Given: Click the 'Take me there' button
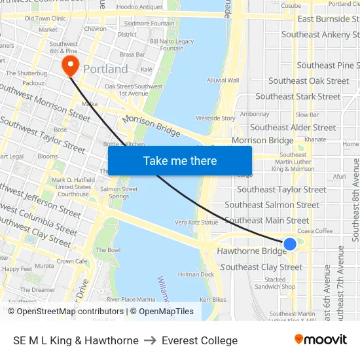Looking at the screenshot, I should [x=180, y=160].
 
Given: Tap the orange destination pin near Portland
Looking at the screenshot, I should [x=69, y=65].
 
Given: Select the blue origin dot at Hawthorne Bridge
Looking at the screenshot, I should [x=290, y=244].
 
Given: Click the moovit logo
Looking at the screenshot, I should [x=321, y=340].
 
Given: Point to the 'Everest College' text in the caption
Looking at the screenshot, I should [x=200, y=340].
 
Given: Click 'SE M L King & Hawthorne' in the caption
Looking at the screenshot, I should [x=76, y=340].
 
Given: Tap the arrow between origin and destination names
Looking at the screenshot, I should [x=150, y=340].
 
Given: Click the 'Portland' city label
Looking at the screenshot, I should [x=105, y=69].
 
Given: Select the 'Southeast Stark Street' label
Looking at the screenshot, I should [x=298, y=96].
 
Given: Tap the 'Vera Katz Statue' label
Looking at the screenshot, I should [x=196, y=223].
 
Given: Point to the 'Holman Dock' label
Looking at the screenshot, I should [x=196, y=274].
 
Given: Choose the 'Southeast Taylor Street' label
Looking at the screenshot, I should [x=281, y=189].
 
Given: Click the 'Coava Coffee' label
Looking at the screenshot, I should [x=315, y=230].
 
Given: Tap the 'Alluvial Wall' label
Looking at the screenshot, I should [x=223, y=81].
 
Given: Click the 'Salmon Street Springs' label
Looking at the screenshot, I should [x=119, y=192].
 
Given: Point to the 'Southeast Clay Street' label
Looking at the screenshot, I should [x=262, y=267].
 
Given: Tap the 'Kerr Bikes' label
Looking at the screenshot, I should [x=213, y=298].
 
